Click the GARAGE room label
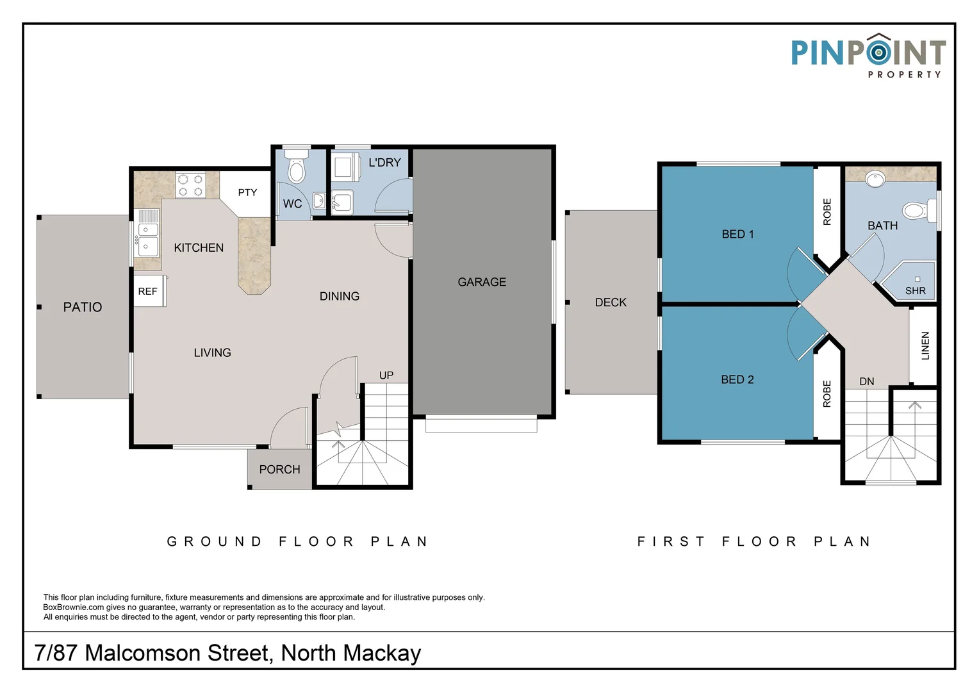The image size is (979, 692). click(x=482, y=282)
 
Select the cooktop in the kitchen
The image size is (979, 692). click(x=190, y=185)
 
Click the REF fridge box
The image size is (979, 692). click(x=148, y=292)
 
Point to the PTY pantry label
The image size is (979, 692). click(x=247, y=192)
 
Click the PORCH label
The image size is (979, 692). click(x=279, y=470)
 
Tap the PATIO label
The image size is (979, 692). click(x=83, y=308)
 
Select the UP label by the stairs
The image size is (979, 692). click(x=386, y=375)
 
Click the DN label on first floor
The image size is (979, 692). click(x=867, y=382)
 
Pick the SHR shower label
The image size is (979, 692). click(x=916, y=291)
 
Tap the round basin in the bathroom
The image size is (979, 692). click(x=875, y=179)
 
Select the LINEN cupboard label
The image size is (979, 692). click(x=925, y=346)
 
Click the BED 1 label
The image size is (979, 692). click(x=737, y=235)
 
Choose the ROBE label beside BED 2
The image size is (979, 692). click(x=827, y=394)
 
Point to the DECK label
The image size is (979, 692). click(x=611, y=302)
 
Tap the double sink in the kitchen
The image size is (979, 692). click(x=148, y=238)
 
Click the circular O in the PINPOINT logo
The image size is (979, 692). click(x=879, y=52)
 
